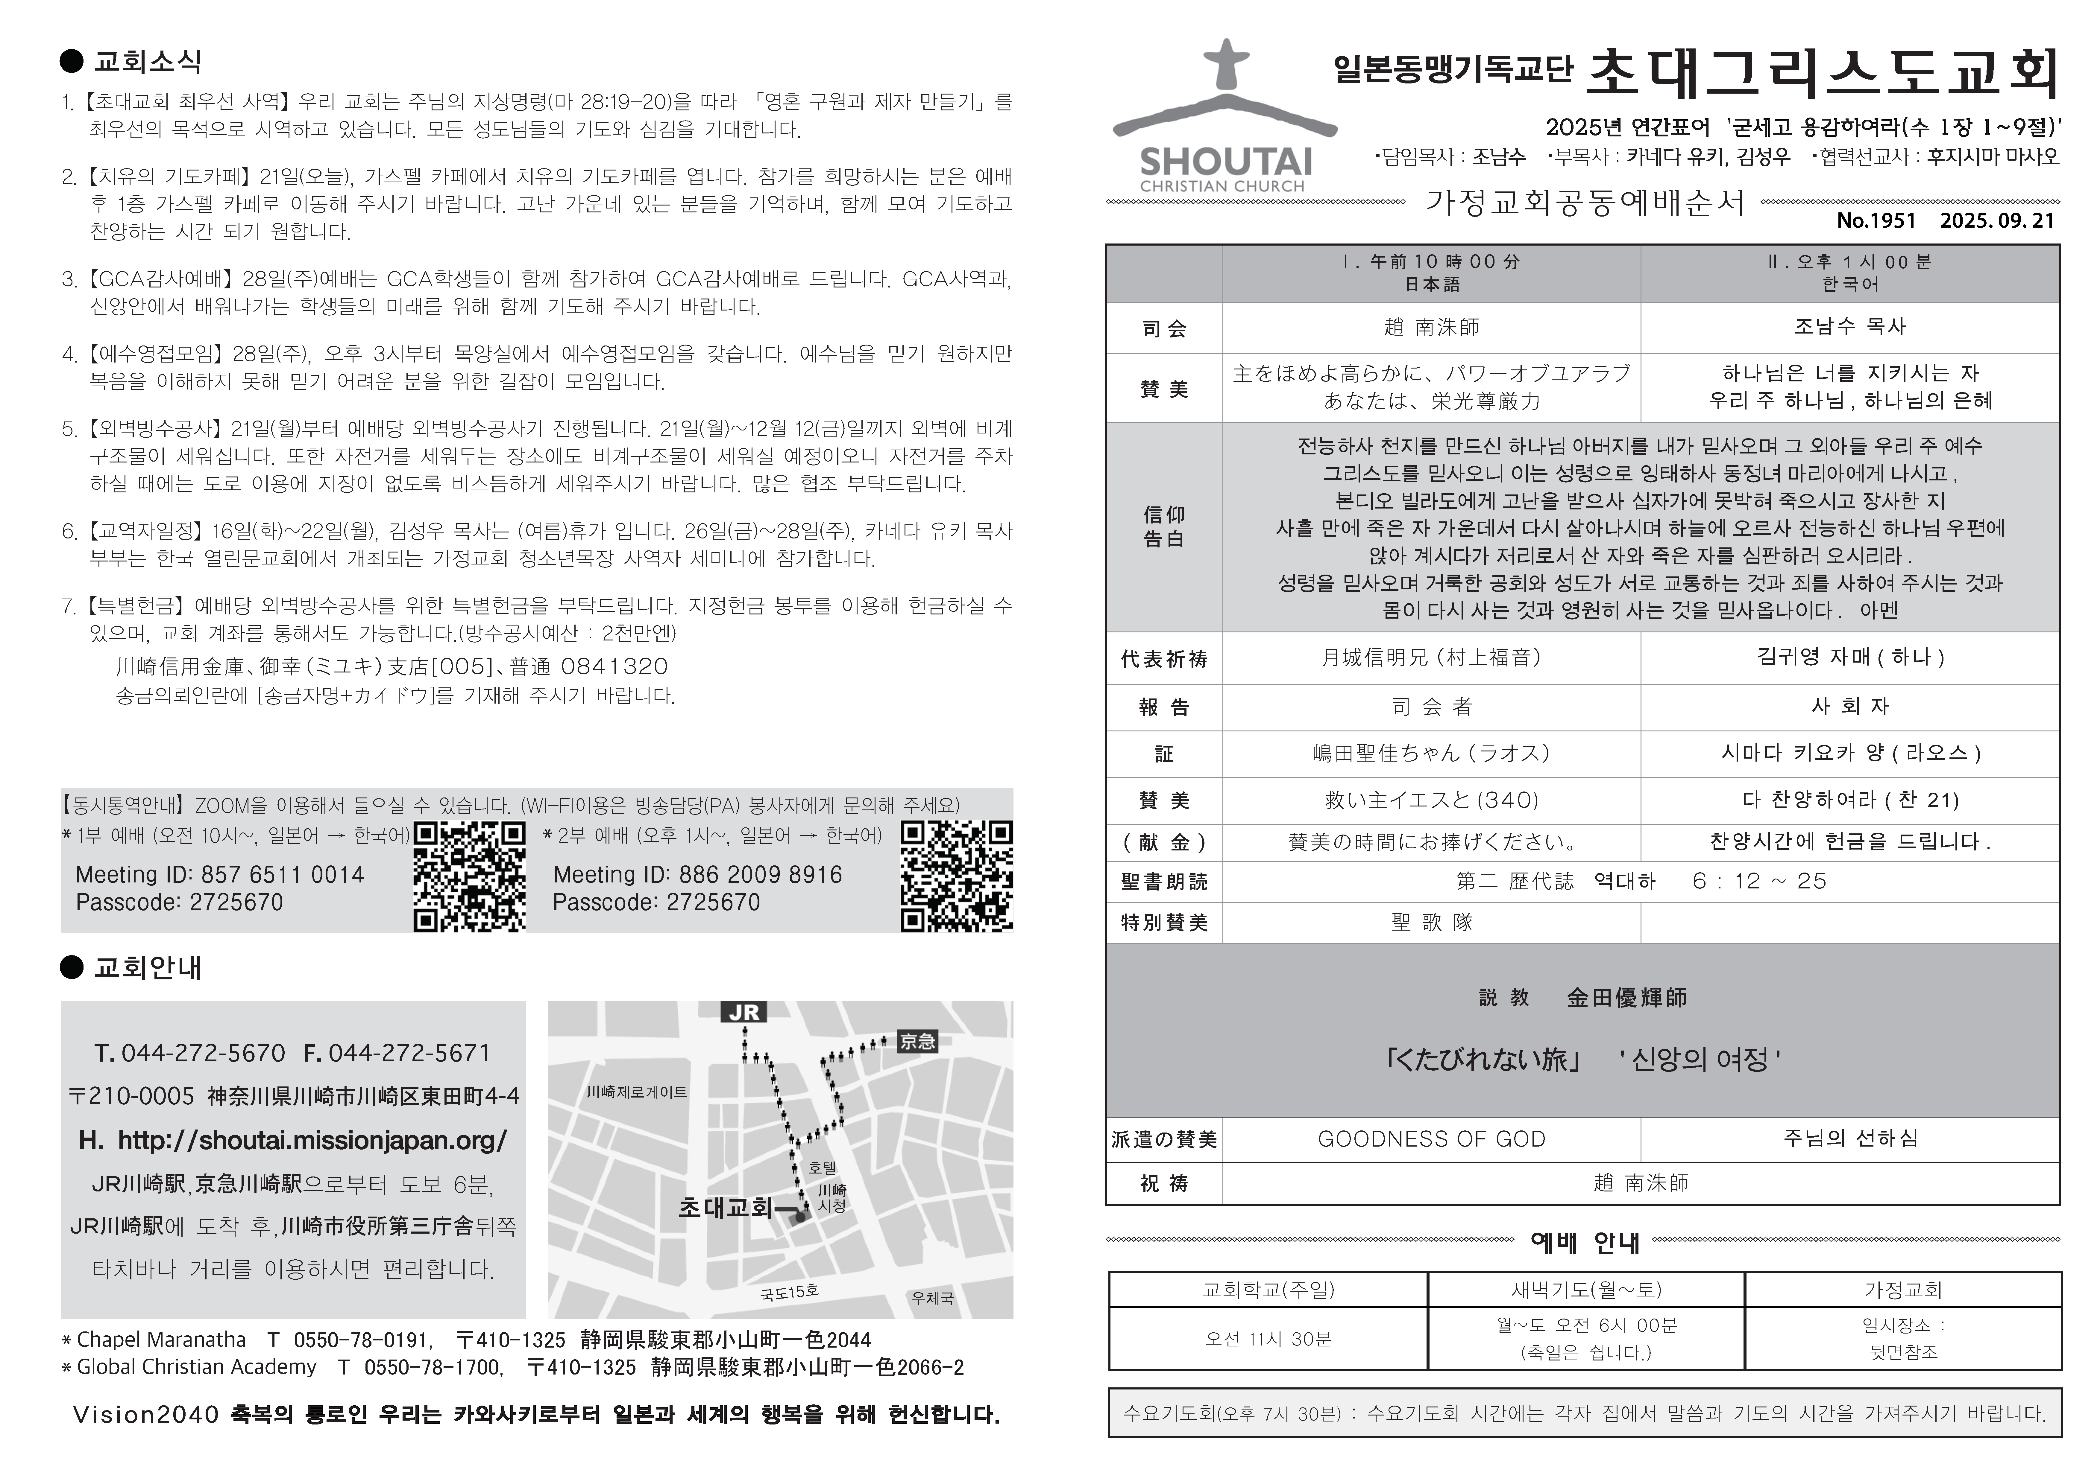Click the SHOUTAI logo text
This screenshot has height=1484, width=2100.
point(1226,163)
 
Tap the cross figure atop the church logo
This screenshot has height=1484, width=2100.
point(1226,64)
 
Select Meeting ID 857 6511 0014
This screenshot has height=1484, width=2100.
point(219,875)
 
